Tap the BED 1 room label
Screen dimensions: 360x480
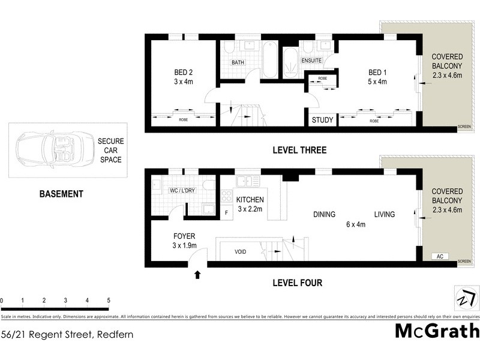(x=377, y=73)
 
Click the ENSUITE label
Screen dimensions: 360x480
(x=311, y=61)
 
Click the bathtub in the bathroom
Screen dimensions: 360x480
(x=269, y=59)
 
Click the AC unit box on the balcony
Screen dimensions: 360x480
(x=440, y=256)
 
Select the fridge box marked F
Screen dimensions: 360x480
(x=226, y=212)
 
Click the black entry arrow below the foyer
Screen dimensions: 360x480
(x=197, y=275)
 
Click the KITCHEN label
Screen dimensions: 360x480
(x=250, y=200)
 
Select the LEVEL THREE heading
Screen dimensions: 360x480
(x=299, y=150)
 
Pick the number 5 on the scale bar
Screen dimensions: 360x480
(x=109, y=300)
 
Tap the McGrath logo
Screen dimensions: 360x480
(x=437, y=331)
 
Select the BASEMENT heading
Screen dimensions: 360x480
(x=61, y=194)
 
